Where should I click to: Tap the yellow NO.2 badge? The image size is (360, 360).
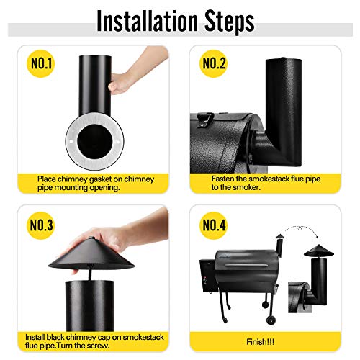215,63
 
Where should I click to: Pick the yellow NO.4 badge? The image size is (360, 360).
215,224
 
